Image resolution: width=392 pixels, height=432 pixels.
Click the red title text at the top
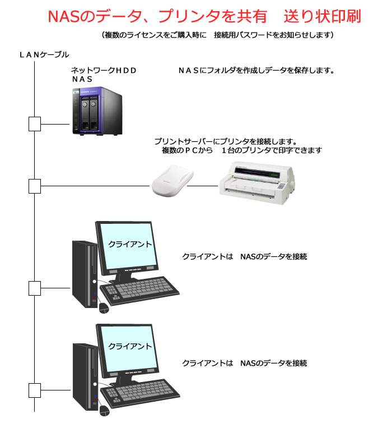pos(204,16)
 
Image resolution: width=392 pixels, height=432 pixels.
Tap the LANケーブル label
pos(44,54)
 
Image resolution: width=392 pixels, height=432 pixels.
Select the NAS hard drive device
pos(97,111)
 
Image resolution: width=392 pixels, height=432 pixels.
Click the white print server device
pos(172,181)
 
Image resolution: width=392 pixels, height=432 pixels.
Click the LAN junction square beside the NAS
pos(35,124)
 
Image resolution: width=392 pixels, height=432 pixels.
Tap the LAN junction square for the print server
pos(35,186)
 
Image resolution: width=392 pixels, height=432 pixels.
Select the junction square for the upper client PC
pos(35,288)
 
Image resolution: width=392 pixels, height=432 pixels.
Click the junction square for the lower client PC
pos(35,390)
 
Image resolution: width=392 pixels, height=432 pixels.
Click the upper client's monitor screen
pos(127,246)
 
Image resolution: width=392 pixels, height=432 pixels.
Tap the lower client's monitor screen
pos(128,348)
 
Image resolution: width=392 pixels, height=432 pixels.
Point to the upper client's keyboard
pos(139,291)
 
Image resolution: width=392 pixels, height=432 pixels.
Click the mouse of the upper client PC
pos(104,308)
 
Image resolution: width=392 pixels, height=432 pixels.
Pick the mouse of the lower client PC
pos(104,411)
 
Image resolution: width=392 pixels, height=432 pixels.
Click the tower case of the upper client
pos(85,274)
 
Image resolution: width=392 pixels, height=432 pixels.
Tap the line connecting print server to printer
pos(203,186)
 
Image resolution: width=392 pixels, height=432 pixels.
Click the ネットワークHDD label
pos(104,70)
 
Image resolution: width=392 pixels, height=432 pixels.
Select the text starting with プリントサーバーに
pos(238,146)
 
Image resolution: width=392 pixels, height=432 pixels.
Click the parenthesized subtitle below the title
pos(218,35)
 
